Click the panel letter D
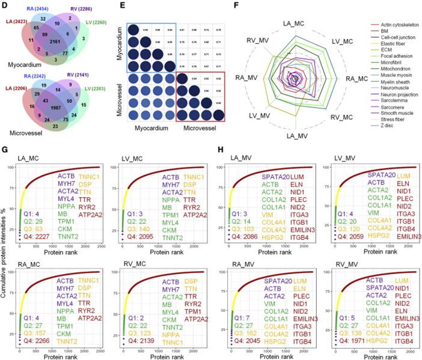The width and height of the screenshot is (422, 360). [5, 5]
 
